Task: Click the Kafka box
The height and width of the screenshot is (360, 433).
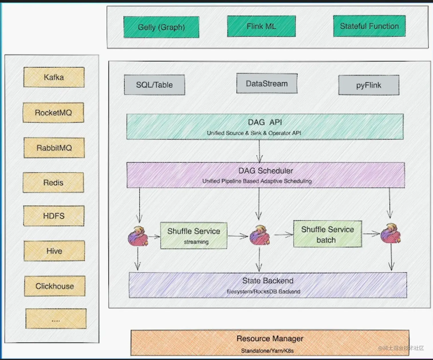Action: (x=54, y=77)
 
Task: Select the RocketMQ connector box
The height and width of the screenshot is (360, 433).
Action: (x=53, y=112)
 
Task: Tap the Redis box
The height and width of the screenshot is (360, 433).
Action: (x=53, y=183)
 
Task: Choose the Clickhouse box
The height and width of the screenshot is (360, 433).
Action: (x=55, y=286)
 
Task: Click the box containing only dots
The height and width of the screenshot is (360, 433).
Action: (x=56, y=319)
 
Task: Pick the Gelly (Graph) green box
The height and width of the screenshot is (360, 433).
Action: (x=161, y=27)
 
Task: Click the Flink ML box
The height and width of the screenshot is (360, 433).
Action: (x=261, y=26)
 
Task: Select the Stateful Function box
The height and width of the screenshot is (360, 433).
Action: (x=369, y=26)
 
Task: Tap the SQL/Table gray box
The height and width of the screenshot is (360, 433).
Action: (x=154, y=85)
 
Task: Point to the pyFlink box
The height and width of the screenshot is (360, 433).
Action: (x=369, y=85)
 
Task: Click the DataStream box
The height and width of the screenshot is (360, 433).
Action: (x=267, y=83)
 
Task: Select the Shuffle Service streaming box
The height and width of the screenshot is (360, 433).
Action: (x=194, y=236)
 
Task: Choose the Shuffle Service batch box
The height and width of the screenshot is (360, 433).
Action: (x=327, y=234)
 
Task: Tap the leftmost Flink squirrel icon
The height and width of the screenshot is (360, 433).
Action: (x=138, y=236)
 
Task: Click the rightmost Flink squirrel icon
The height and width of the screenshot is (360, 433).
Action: (x=390, y=233)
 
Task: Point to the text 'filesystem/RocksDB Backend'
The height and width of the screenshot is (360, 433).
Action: (x=263, y=291)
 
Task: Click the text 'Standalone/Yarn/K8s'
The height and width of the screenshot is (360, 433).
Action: (x=267, y=351)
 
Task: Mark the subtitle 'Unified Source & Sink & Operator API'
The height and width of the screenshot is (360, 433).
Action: (x=254, y=133)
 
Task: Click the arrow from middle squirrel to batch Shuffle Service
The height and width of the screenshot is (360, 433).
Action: (x=284, y=235)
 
